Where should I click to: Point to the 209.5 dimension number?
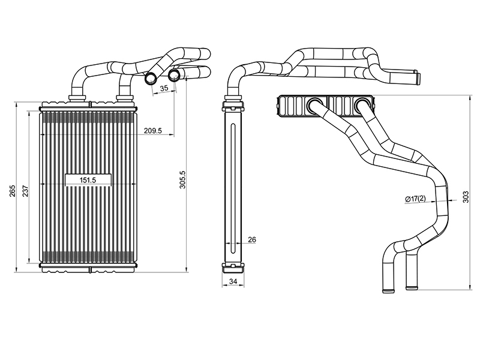pyautogui.click(x=153, y=131)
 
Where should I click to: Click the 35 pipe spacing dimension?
pyautogui.click(x=164, y=88)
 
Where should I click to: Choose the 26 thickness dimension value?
pyautogui.click(x=252, y=240)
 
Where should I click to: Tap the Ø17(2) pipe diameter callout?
pyautogui.click(x=415, y=199)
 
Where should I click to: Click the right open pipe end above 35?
pyautogui.click(x=174, y=74)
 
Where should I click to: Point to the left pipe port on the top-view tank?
pyautogui.click(x=316, y=106)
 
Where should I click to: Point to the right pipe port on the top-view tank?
pyautogui.click(x=363, y=106)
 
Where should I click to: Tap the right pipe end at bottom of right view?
pyautogui.click(x=412, y=286)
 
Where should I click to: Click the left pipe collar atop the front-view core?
pyautogui.click(x=77, y=98)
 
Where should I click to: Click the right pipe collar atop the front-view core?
pyautogui.click(x=124, y=98)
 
